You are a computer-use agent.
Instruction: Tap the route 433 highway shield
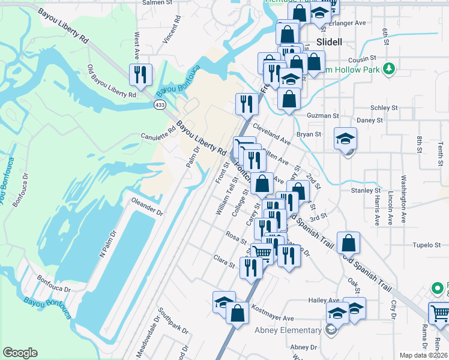[160, 104]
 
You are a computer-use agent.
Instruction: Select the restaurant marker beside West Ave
[141, 75]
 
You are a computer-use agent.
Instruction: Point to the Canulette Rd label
[157, 136]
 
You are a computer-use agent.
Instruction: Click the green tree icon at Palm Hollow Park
[390, 67]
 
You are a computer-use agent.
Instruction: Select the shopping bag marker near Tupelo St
[348, 244]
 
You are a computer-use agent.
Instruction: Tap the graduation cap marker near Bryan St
[346, 140]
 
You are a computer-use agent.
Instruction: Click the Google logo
[20, 353]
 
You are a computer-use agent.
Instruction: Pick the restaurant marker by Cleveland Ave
[247, 104]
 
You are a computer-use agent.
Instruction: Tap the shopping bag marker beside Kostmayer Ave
[238, 313]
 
